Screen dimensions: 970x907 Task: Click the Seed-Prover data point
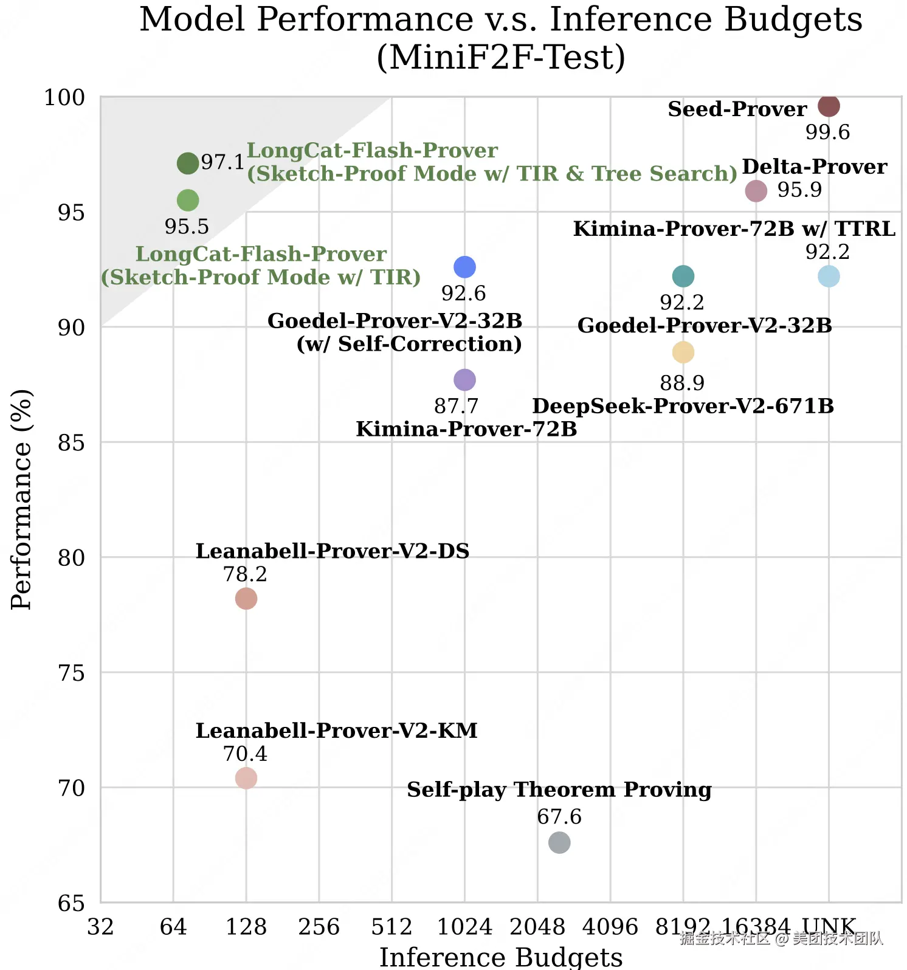click(829, 106)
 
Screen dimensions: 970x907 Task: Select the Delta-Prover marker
click(756, 191)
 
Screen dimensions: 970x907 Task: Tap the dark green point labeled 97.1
click(188, 163)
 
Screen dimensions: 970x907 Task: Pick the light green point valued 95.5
click(188, 200)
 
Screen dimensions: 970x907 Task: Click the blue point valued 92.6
click(464, 267)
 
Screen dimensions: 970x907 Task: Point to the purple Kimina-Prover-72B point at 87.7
click(464, 380)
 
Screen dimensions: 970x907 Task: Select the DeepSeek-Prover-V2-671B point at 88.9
click(683, 352)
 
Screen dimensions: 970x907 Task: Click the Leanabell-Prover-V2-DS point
click(246, 599)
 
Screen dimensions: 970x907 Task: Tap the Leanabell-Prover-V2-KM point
click(246, 778)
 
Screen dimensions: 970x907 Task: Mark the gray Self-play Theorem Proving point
click(559, 842)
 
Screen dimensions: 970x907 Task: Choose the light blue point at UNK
click(829, 276)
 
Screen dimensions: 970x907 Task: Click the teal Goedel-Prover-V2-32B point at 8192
click(683, 276)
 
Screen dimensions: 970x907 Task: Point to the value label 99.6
click(827, 132)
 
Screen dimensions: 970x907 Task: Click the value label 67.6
click(559, 816)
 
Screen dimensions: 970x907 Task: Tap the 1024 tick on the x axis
click(464, 927)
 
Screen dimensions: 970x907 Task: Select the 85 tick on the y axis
click(71, 442)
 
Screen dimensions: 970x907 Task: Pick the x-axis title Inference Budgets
click(501, 957)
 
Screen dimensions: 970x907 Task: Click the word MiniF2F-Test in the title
click(501, 58)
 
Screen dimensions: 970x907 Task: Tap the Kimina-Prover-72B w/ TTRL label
click(734, 229)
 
